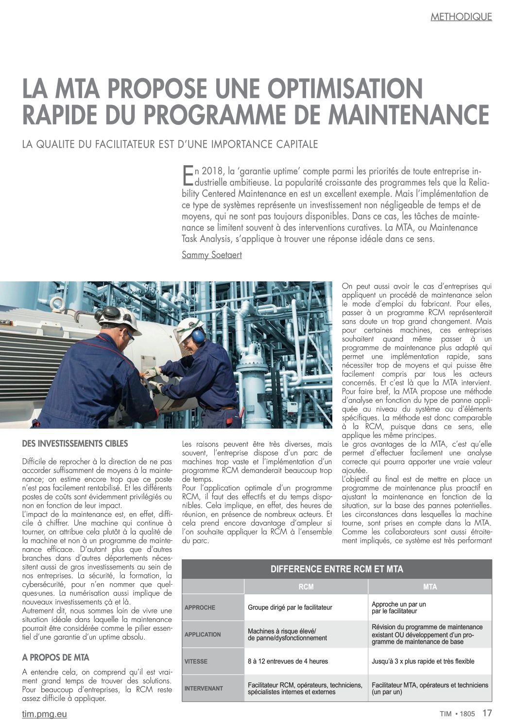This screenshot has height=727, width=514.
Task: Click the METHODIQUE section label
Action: click(461, 17)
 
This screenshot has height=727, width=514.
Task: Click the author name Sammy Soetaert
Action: click(211, 254)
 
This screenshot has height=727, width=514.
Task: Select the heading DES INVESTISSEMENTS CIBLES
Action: click(75, 443)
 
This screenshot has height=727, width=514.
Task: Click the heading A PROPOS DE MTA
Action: click(56, 658)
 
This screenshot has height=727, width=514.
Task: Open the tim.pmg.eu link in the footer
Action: click(45, 714)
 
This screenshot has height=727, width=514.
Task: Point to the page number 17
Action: click(487, 713)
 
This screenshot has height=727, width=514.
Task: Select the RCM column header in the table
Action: click(306, 587)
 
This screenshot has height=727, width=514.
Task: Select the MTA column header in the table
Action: click(430, 587)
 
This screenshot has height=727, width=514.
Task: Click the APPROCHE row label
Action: click(200, 607)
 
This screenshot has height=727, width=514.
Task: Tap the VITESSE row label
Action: click(196, 661)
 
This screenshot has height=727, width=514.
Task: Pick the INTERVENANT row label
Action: click(204, 688)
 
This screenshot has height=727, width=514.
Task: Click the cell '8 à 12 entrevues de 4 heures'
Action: click(288, 661)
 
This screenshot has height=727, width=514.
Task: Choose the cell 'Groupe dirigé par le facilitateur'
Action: click(290, 607)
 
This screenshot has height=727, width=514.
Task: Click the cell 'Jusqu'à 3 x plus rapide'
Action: click(423, 661)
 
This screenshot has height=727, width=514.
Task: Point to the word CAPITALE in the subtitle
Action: click(295, 144)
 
